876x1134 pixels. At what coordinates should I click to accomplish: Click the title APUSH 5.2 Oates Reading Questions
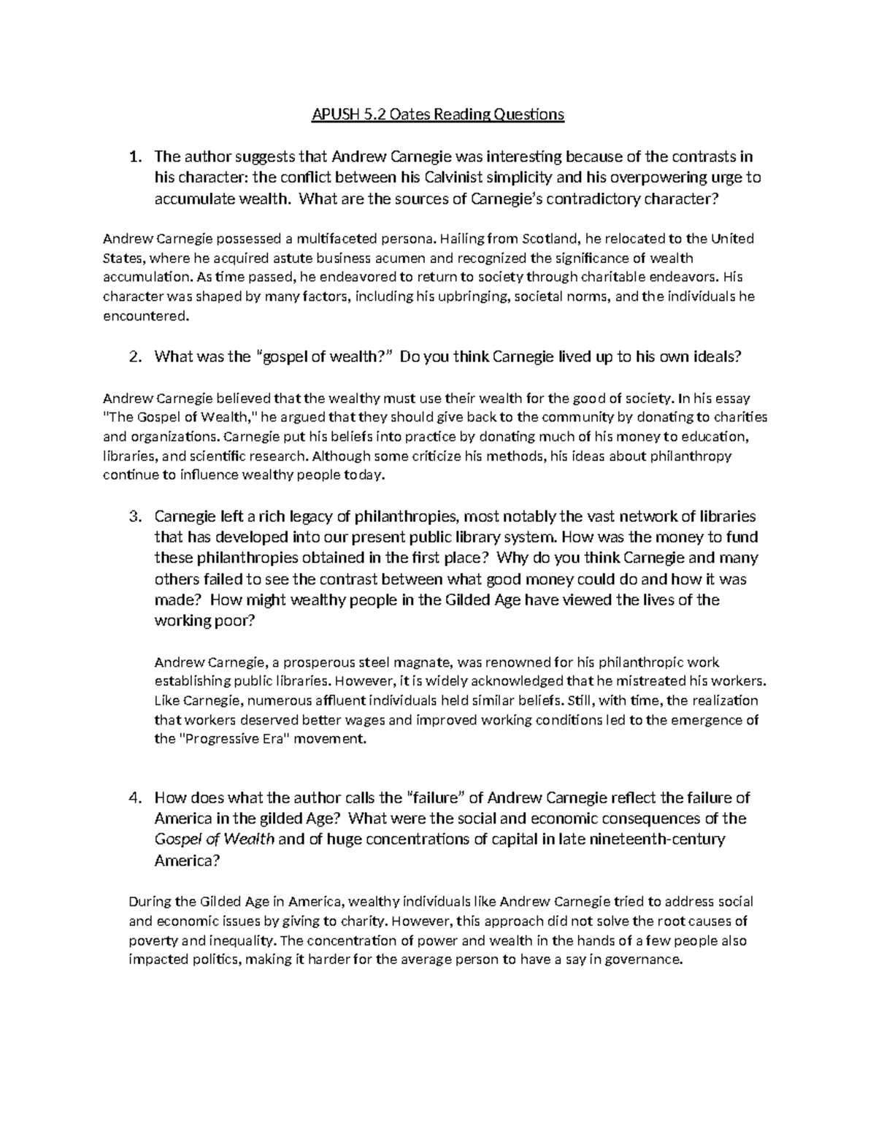(437, 115)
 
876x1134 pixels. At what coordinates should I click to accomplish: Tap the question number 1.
(134, 156)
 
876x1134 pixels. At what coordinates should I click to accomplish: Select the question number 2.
(134, 357)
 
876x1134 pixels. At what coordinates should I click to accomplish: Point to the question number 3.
(134, 517)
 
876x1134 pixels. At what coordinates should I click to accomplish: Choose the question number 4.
(134, 797)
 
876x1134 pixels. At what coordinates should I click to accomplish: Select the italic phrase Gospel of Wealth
(215, 839)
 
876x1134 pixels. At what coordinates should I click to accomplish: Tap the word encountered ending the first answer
(145, 315)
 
